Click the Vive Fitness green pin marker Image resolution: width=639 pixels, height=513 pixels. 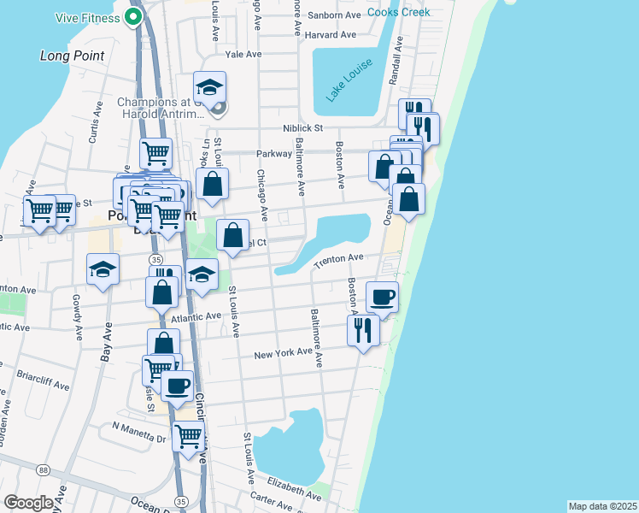pos(133,16)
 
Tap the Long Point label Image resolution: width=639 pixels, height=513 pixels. pos(73,56)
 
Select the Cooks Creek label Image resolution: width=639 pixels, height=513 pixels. pos(399,13)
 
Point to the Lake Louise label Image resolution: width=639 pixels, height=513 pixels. pos(344,85)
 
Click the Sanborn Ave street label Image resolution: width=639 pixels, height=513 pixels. pos(334,15)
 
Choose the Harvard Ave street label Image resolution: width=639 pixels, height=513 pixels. pos(330,35)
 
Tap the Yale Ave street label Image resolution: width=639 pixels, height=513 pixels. pos(243,54)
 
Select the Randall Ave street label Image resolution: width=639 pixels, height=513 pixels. pos(396,64)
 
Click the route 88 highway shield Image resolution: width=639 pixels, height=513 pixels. pos(43,470)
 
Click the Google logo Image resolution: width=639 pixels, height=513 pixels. pos(28,503)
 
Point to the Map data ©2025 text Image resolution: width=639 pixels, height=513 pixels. pos(601,506)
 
